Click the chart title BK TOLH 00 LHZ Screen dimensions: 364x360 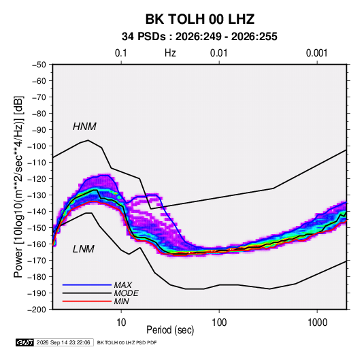pos(200,19)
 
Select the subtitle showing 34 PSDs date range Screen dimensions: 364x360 pos(199,37)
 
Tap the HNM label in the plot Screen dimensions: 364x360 pos(84,127)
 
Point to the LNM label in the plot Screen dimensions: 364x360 pos(84,249)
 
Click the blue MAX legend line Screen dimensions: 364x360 pos(87,284)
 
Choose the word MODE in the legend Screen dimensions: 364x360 pos(127,293)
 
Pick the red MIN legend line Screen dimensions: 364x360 pos(87,301)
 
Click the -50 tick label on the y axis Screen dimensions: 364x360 pos(39,65)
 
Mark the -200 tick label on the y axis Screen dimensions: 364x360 pos(37,310)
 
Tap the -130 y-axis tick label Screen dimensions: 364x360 pos(37,195)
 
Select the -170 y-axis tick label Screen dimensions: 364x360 pos(37,261)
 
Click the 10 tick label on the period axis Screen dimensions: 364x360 pos(121,323)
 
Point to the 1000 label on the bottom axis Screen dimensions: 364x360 pos(317,323)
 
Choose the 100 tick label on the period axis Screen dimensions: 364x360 pos(219,323)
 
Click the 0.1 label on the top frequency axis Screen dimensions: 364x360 pos(121,53)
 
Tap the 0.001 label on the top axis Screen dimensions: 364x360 pos(317,53)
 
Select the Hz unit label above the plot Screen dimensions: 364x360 pos(170,53)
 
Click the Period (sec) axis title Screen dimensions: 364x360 pos(170,330)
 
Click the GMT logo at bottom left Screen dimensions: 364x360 pos(24,342)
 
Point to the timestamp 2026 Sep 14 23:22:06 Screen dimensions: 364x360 pos(63,342)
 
